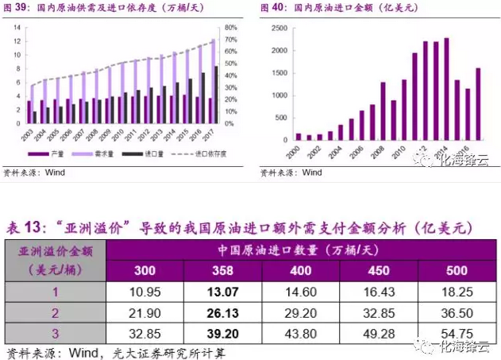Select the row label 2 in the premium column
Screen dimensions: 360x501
click(55, 312)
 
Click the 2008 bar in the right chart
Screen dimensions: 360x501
click(383, 110)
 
